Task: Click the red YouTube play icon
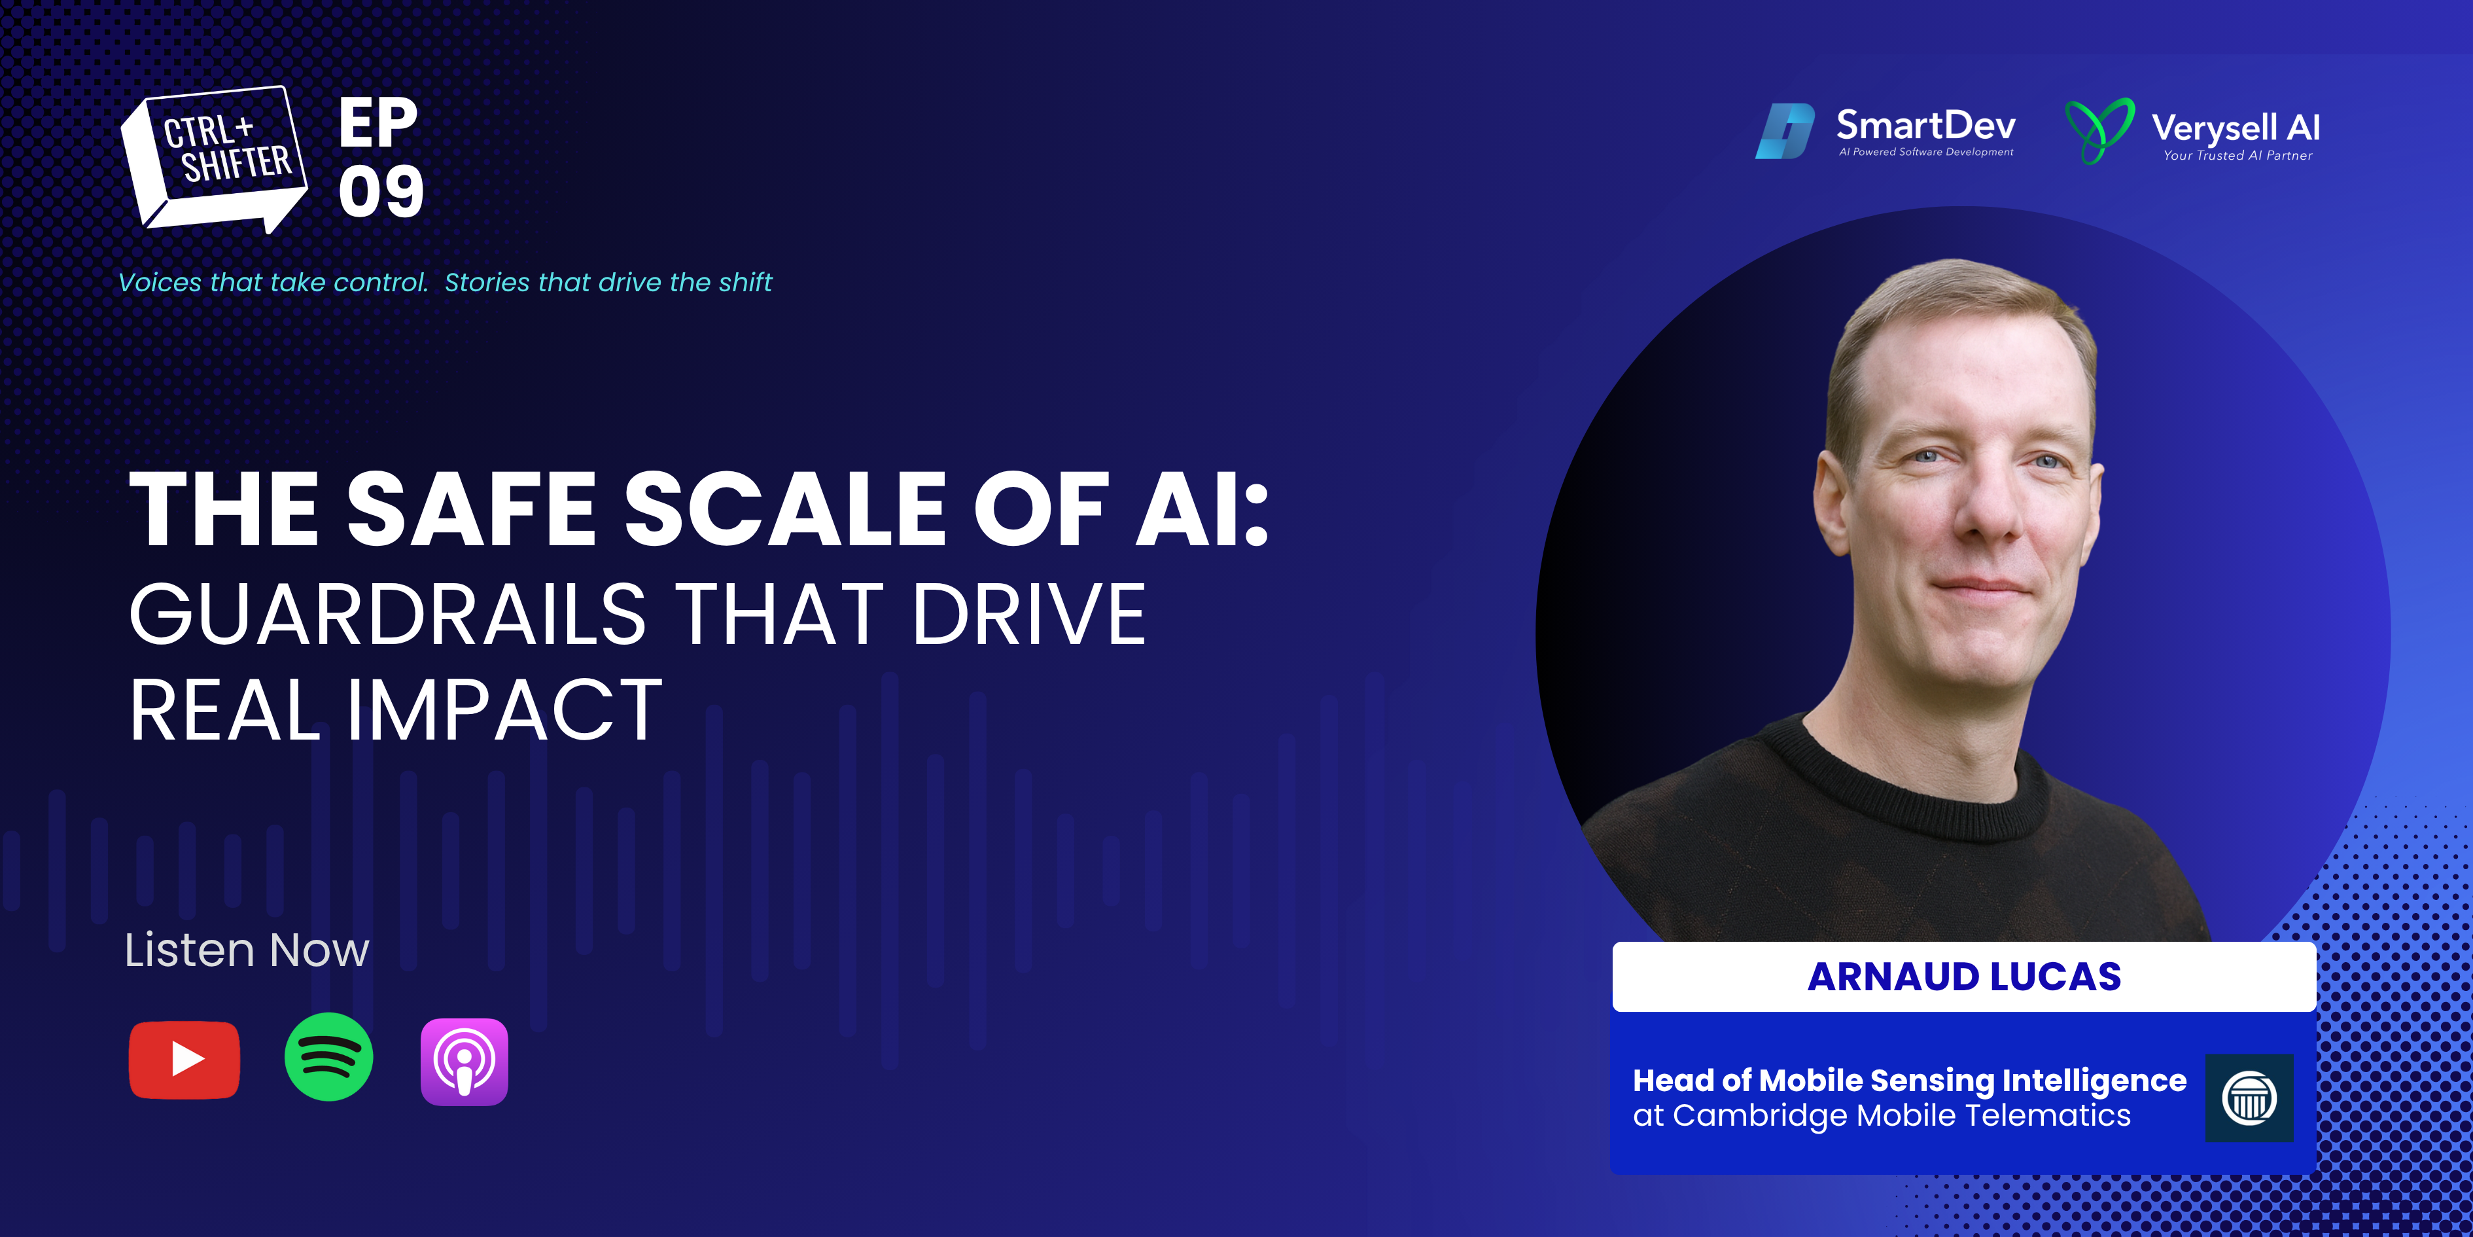pos(184,1060)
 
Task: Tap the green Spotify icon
pos(329,1058)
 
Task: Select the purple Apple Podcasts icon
pos(465,1061)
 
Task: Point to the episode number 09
pos(381,191)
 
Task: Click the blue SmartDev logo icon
pos(1785,131)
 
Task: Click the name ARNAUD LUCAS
pos(1964,977)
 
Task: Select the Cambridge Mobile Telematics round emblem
pos(2249,1098)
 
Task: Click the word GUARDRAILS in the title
pos(387,614)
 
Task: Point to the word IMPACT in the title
pos(504,711)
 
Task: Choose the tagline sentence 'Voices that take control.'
pos(273,282)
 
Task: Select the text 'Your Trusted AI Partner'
pos(2237,156)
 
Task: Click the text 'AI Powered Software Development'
pos(1926,152)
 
